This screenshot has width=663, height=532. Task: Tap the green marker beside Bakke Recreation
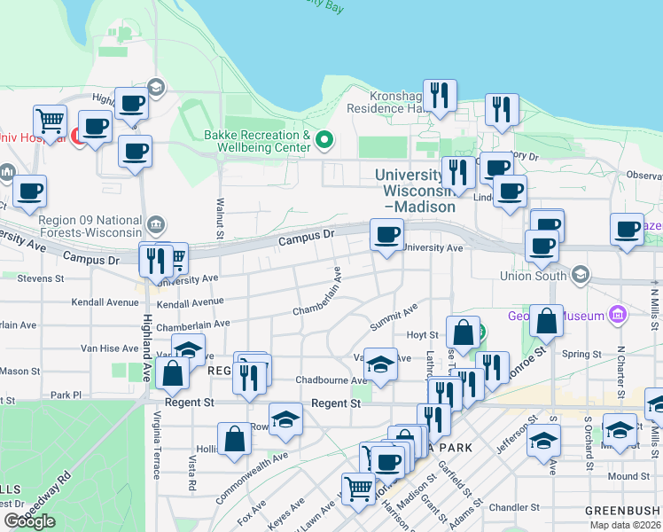pos(324,139)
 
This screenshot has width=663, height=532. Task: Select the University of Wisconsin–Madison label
pos(415,191)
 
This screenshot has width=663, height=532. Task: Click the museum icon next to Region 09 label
pos(157,222)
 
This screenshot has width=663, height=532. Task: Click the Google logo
pos(29,521)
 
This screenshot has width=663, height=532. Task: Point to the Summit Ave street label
pos(394,317)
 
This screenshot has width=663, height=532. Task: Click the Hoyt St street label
pos(422,334)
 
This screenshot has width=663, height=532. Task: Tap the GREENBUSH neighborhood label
pos(622,511)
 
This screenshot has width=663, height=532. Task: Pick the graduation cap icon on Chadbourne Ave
pos(380,364)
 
